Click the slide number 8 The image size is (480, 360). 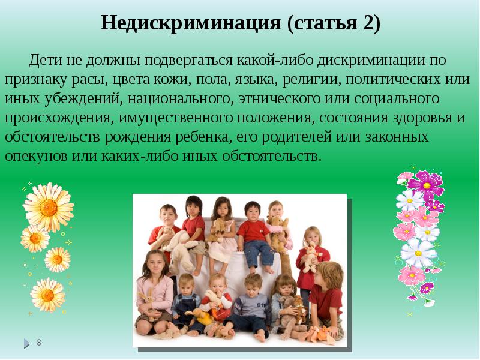click(39, 343)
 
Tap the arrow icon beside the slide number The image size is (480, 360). click(26, 344)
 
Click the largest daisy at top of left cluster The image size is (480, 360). click(48, 207)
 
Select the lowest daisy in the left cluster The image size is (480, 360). click(47, 293)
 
